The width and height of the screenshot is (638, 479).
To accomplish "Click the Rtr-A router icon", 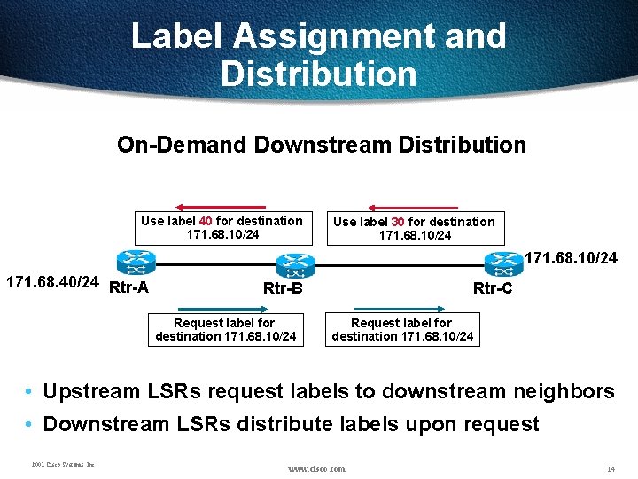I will [136, 263].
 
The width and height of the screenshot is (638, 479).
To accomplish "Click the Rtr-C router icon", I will [503, 263].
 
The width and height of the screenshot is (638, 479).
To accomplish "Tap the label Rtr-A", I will [128, 287].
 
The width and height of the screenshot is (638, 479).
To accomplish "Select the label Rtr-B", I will [283, 288].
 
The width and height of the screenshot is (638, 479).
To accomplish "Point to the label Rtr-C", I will [493, 288].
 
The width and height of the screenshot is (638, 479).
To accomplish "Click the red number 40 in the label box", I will [205, 221].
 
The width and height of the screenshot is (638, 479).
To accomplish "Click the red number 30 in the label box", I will [398, 222].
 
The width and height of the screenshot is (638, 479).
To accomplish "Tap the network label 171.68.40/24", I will [52, 282].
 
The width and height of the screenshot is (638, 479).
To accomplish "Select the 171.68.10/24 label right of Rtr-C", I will [572, 259].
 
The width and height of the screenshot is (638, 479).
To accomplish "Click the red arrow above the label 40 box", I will [220, 207].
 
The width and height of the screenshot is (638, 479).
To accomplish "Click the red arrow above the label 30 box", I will [413, 207].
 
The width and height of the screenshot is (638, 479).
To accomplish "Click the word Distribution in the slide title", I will [319, 73].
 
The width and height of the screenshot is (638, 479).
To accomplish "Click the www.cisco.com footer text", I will [317, 468].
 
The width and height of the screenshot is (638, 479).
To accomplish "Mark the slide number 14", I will [611, 468].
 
